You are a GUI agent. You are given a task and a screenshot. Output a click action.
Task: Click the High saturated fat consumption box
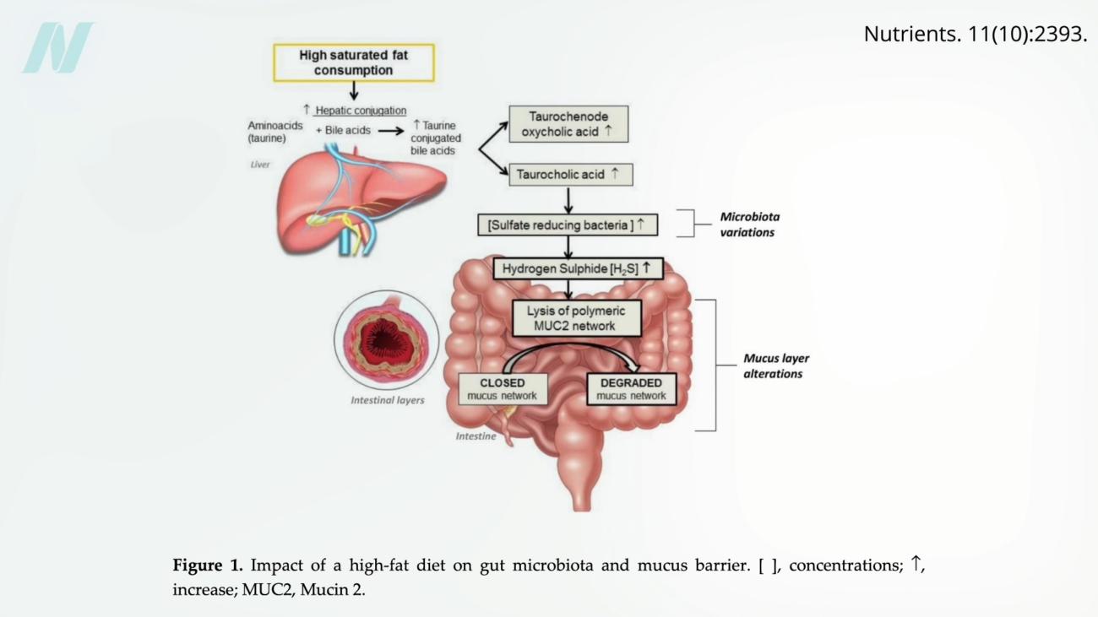coord(353,63)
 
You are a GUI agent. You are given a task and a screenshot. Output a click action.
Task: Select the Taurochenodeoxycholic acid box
coord(568,124)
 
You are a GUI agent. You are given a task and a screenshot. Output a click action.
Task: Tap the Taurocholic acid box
coord(571,175)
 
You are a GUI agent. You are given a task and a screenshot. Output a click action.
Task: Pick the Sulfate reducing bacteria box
coord(567,225)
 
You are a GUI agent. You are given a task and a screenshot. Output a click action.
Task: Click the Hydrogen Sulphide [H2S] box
coord(578,268)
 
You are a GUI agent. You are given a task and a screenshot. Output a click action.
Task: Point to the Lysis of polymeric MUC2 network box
coord(576,318)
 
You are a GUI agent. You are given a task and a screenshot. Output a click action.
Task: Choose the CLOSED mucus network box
coord(503,389)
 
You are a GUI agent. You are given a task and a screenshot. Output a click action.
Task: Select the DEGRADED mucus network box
coord(631,389)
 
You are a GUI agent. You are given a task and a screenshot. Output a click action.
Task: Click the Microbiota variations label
coord(749,225)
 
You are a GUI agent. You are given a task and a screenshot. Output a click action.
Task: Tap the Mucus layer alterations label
coord(775,366)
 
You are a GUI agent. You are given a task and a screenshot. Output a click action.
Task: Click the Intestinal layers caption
coord(387,400)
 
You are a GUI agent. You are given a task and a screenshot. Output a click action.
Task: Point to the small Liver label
coord(260,165)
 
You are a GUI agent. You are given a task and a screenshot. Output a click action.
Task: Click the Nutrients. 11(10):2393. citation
coord(975,35)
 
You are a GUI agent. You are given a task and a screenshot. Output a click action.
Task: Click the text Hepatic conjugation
coord(361,111)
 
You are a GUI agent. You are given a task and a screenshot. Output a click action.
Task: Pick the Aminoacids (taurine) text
coord(274,132)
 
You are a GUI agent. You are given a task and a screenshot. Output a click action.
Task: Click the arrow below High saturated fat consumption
coord(354,90)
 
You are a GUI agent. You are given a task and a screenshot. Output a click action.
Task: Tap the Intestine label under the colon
coord(476,436)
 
